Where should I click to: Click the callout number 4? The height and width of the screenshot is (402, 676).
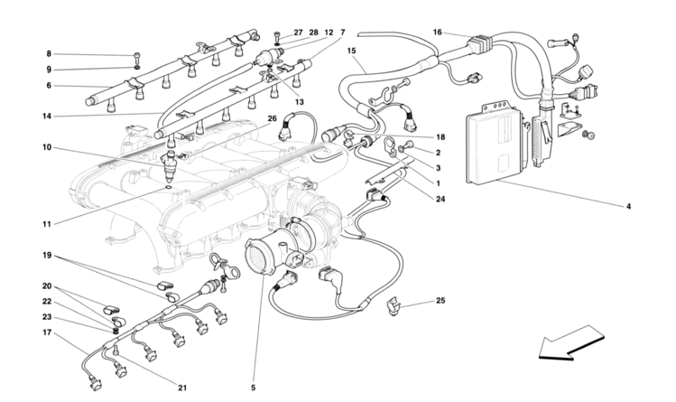[628, 206]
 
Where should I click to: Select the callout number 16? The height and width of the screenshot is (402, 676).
[437, 33]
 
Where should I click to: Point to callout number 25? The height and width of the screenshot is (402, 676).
[440, 300]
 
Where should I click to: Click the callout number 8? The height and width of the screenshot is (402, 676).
[49, 54]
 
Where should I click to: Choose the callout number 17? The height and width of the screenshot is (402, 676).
[47, 333]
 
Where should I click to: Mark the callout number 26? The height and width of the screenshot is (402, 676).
[272, 118]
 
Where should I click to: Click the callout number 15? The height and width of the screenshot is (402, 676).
[351, 51]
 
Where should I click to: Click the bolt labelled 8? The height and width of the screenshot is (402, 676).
[135, 56]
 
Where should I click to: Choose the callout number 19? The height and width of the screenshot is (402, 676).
[47, 256]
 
